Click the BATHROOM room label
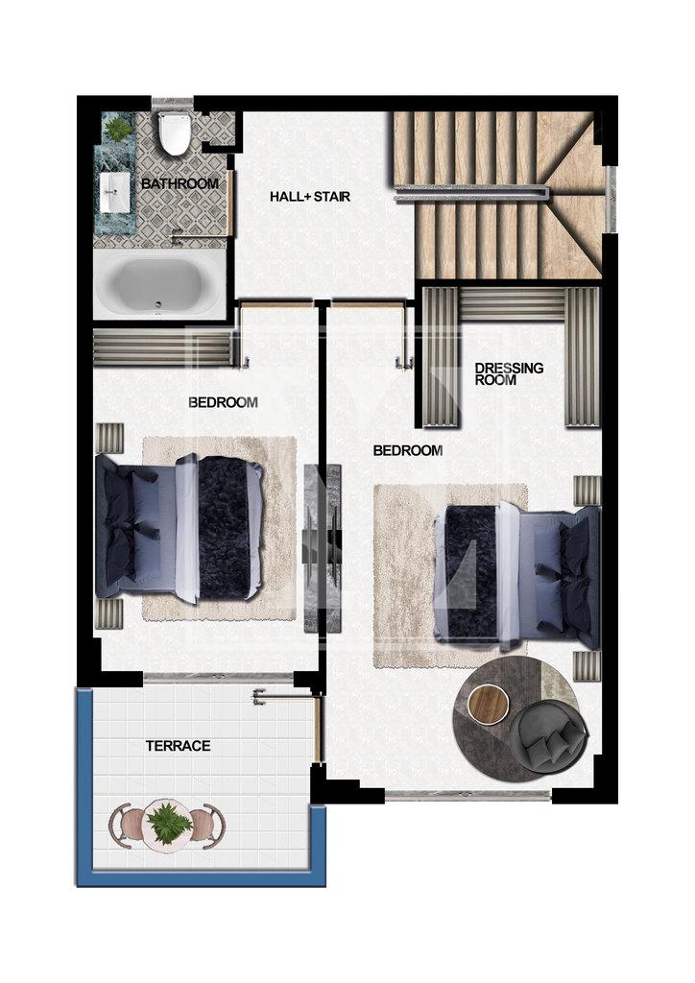pos(180,183)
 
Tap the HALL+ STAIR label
pos(310,197)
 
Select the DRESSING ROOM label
pos(508,373)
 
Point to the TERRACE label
pos(178,746)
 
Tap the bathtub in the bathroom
pos(158,284)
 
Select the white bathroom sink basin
pos(114,192)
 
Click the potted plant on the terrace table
pos(168,821)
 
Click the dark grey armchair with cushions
pos(549,736)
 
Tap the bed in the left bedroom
pos(179,527)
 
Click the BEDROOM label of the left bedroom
pos(223,402)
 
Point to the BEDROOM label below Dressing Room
pos(408,451)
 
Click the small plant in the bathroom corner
pos(117,129)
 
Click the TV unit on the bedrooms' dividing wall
pos(323,548)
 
